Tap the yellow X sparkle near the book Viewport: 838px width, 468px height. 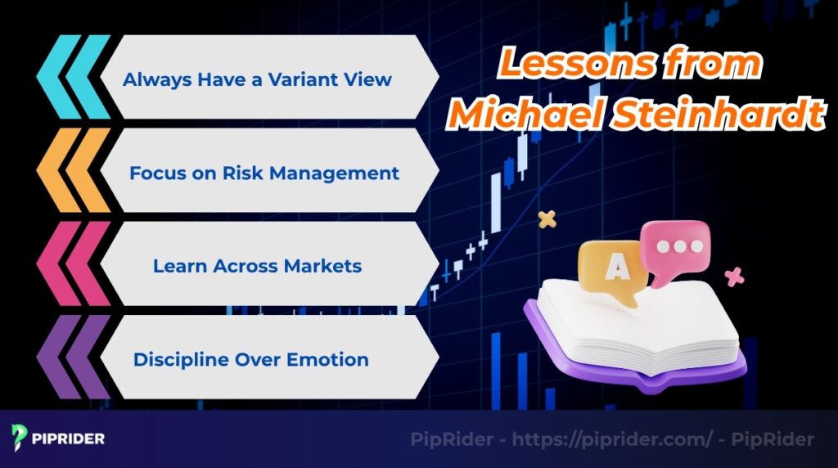tap(547, 219)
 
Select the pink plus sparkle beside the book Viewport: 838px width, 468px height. tap(735, 277)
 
